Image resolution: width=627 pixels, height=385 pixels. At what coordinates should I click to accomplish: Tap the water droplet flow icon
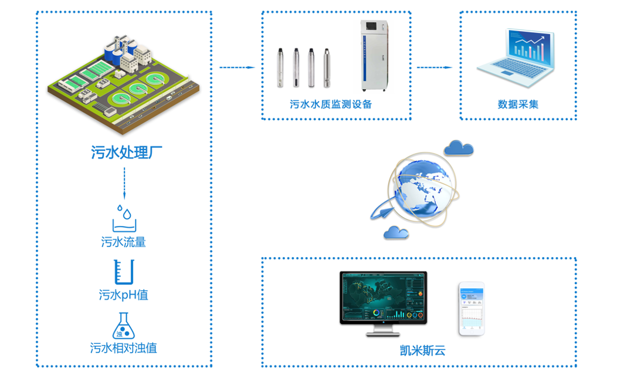124,218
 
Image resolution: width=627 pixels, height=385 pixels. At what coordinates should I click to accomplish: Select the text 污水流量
124,242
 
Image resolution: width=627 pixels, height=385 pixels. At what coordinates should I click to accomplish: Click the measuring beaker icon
124,272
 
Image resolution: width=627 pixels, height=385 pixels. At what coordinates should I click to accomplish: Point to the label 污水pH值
124,295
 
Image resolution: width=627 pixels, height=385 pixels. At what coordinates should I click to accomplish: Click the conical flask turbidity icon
123,326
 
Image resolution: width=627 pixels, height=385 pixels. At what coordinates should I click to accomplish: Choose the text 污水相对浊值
124,347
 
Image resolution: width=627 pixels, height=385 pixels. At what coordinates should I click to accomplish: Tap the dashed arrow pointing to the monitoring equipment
237,67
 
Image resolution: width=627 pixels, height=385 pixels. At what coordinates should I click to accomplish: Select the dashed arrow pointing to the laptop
435,67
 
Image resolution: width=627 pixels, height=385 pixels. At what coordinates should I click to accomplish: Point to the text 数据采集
518,104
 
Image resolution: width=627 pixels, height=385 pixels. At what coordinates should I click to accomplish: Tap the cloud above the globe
458,148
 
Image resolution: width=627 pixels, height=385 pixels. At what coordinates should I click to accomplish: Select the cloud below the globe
396,232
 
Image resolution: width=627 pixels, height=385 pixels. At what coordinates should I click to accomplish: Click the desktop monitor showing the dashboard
384,301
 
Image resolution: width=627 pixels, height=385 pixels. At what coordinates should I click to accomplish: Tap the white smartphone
472,309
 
